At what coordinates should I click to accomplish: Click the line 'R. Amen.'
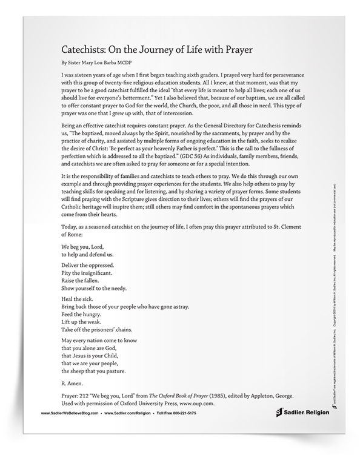[75, 384]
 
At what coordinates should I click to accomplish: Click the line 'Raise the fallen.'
[84, 282]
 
